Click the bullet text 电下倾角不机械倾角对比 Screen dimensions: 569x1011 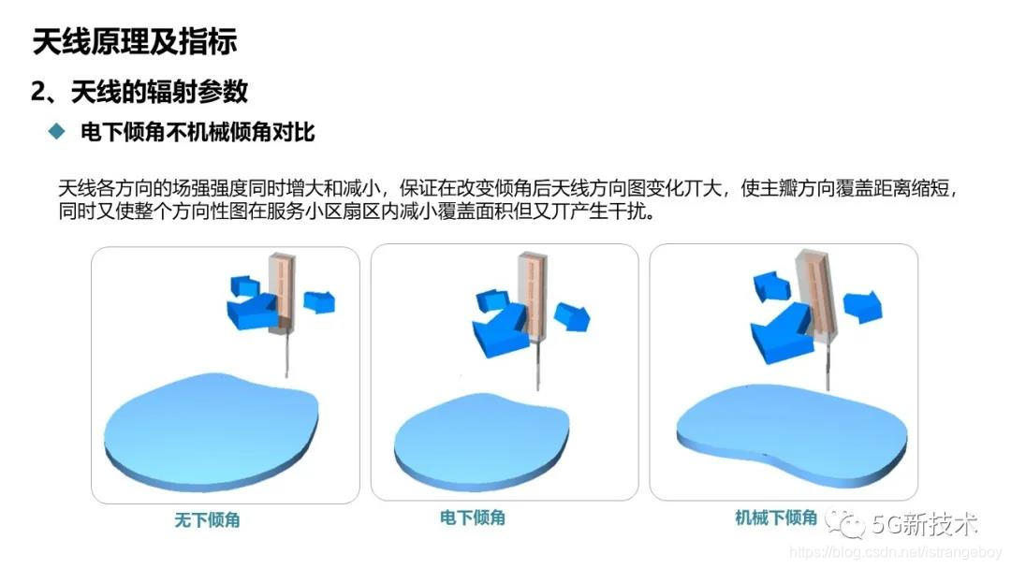coord(197,133)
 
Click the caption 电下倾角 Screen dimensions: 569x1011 coord(473,517)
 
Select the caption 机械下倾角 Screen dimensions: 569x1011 coord(776,517)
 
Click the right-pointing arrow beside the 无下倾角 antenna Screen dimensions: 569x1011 coord(320,300)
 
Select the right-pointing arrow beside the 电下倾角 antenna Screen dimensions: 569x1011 coord(572,315)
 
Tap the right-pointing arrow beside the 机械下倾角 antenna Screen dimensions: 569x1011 coord(862,305)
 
